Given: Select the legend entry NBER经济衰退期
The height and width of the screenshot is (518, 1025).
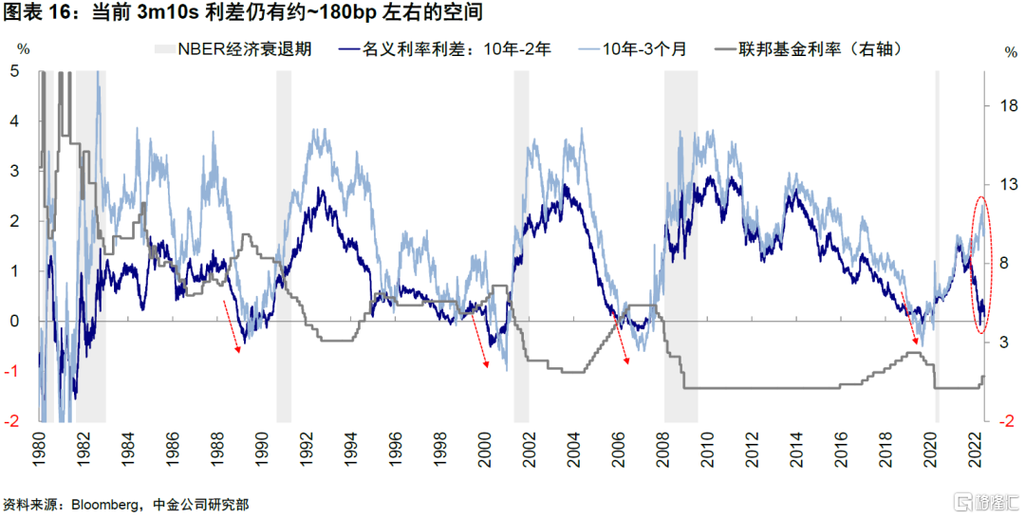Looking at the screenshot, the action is click(x=233, y=49).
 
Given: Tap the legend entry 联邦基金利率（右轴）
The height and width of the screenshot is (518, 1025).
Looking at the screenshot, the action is click(x=808, y=49).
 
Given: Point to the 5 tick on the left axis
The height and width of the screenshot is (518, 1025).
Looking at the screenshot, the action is click(x=14, y=71).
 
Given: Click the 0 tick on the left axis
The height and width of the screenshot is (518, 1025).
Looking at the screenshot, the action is click(x=14, y=322).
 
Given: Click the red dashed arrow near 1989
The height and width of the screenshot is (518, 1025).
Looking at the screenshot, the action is click(x=232, y=326).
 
